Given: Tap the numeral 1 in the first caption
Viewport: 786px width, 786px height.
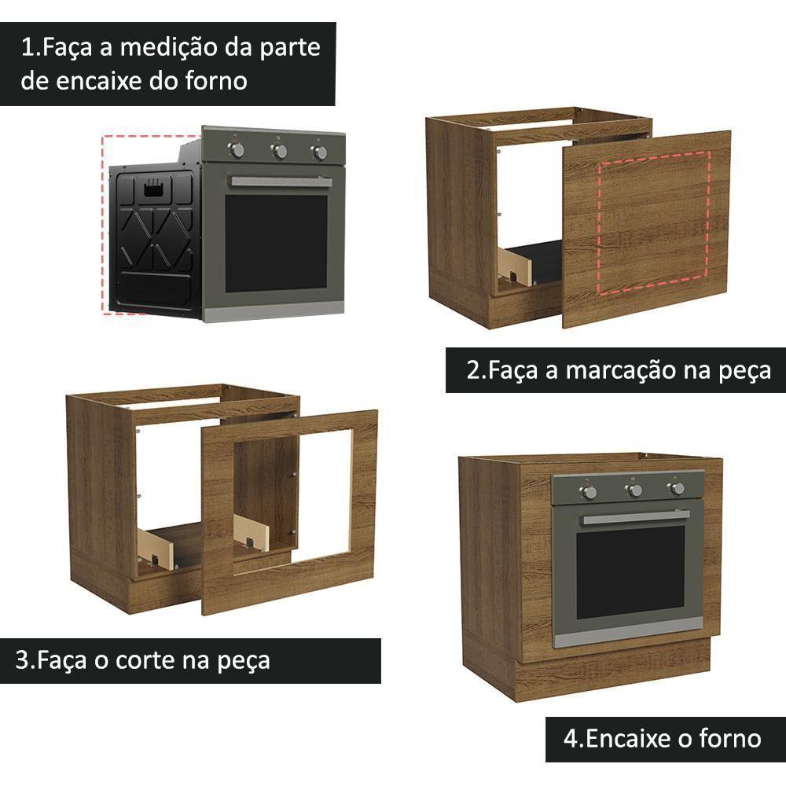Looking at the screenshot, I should coord(28,48).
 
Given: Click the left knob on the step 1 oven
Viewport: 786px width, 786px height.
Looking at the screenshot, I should coord(237,149).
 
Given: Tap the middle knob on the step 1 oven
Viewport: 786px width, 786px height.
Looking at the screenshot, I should coord(279,151).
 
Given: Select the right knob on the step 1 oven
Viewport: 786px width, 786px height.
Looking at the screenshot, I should coord(320,152).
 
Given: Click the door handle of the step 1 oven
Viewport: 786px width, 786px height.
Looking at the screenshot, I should coord(281,182).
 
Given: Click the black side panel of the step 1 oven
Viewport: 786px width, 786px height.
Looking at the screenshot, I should coord(154,236).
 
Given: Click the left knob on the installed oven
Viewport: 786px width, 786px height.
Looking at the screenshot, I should coord(588,492).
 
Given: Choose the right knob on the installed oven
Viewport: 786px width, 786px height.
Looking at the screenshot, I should coord(676,489).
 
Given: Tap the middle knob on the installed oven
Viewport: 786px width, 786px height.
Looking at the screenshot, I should coord(634,490).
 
